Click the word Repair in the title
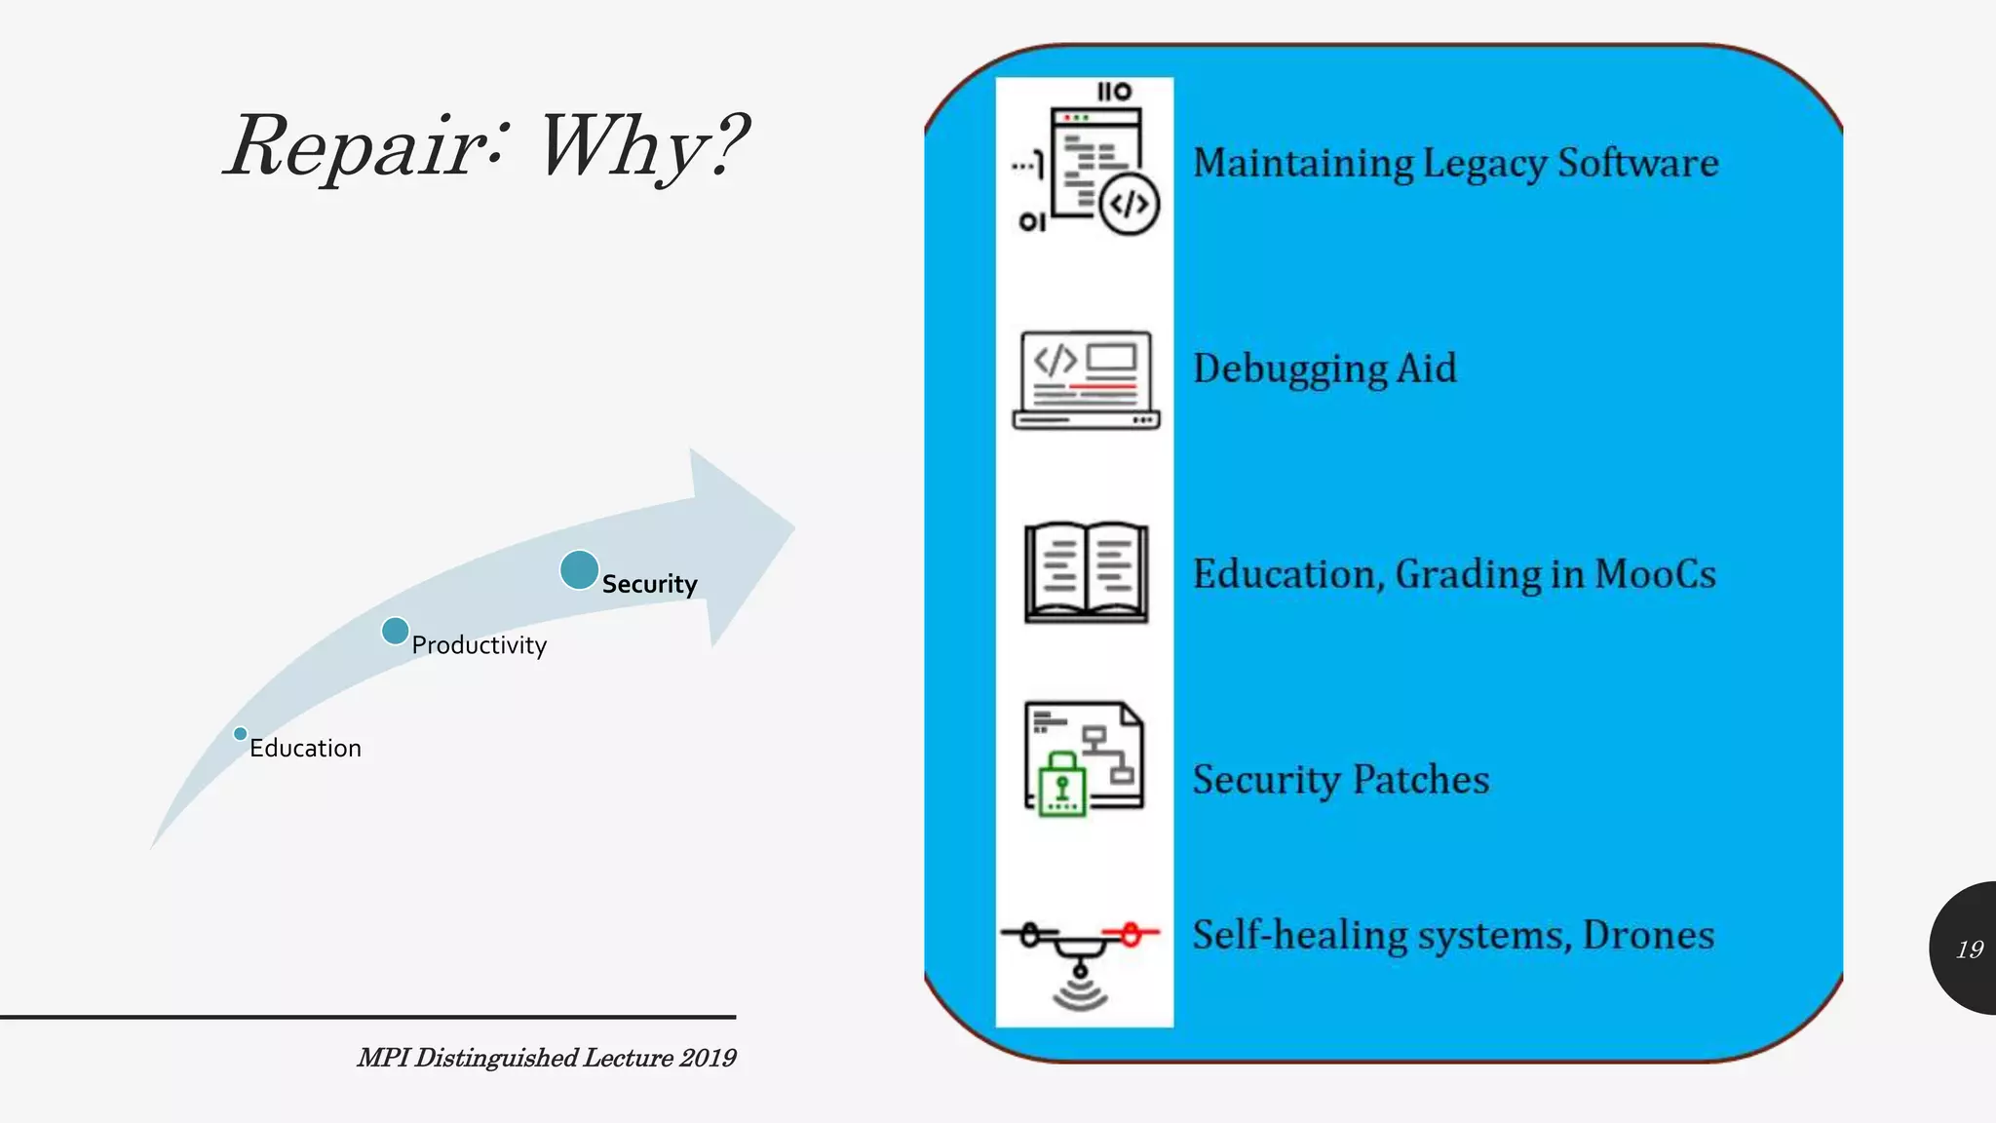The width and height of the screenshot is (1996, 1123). (357, 146)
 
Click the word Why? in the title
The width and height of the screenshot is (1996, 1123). (643, 146)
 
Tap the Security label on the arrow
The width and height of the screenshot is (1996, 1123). (649, 584)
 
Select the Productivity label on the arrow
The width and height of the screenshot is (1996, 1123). (479, 645)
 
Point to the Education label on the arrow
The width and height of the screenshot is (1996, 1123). (305, 749)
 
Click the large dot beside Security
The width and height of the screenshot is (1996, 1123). (579, 570)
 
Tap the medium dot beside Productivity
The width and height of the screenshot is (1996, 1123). (395, 632)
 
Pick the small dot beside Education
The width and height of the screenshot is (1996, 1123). (240, 734)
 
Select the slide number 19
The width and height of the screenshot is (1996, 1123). (1970, 949)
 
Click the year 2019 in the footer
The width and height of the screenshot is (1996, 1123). (708, 1058)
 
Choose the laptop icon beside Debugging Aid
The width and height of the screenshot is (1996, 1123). (1086, 380)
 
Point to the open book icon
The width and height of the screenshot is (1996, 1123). (1086, 572)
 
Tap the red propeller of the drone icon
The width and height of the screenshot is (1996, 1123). (1131, 935)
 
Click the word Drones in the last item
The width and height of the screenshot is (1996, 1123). (1648, 936)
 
